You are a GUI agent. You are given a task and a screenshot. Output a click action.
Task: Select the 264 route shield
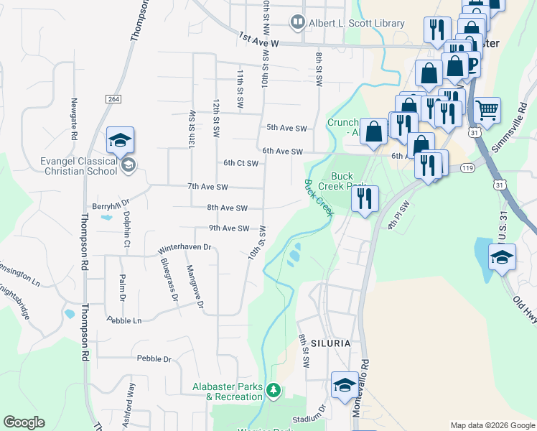click(113, 98)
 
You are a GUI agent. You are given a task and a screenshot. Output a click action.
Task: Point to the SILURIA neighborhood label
click(330, 343)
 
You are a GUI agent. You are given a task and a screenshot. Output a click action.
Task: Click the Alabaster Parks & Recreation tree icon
click(273, 391)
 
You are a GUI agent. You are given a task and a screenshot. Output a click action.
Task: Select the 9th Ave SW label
click(228, 228)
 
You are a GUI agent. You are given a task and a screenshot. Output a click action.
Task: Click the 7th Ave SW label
click(207, 187)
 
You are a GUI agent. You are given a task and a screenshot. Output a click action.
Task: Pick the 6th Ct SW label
click(241, 163)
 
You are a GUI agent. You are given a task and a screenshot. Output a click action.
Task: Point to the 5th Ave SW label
click(286, 128)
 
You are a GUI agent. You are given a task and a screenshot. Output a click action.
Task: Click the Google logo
click(24, 422)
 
